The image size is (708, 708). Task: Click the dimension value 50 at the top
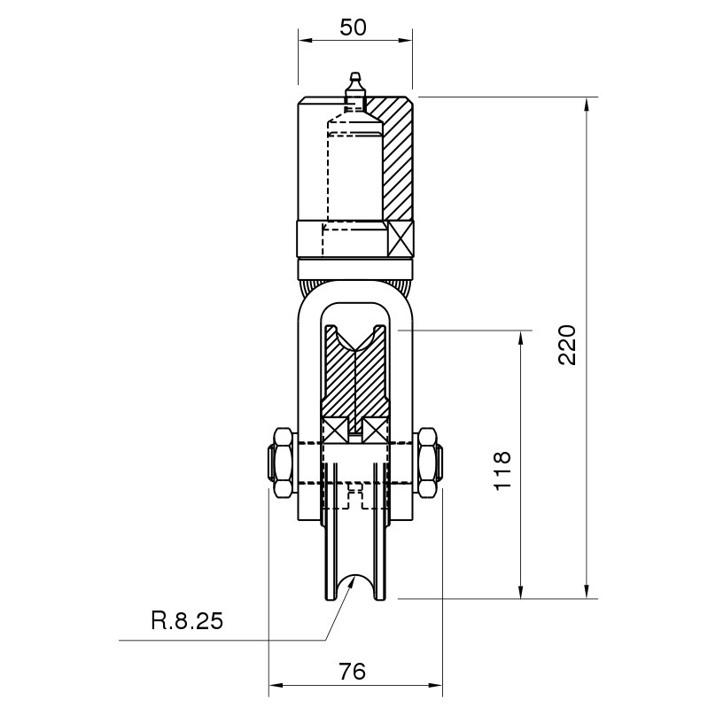point(353,27)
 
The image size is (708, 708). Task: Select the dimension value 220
point(567,345)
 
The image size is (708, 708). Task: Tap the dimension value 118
point(502,470)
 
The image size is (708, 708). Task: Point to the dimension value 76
point(352,672)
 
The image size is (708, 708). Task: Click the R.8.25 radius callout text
point(187,621)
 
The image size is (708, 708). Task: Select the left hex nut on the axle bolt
point(281,463)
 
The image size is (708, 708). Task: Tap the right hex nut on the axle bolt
point(429,463)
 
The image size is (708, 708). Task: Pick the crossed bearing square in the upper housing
point(400,239)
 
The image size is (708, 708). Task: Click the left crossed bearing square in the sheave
point(335,431)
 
